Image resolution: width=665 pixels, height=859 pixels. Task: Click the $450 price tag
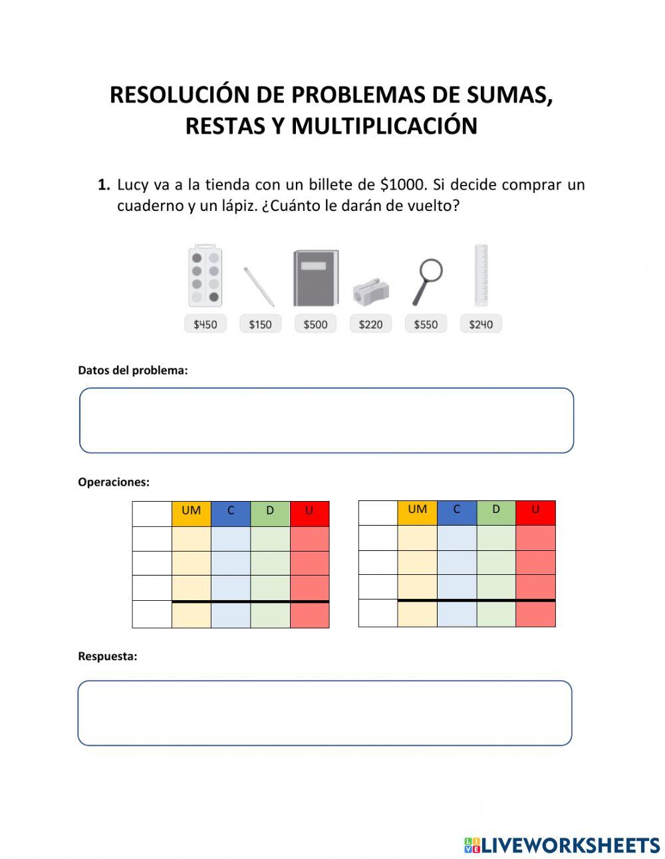(x=205, y=324)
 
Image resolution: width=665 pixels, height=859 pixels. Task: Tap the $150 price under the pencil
(x=260, y=324)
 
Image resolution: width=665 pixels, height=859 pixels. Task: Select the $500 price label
(x=315, y=324)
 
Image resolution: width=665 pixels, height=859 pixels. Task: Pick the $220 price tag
(x=370, y=324)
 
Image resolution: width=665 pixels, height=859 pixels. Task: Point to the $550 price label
(x=426, y=324)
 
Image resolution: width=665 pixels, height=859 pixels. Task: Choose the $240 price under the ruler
(x=481, y=324)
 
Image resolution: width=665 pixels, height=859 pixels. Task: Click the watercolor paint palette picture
(x=205, y=277)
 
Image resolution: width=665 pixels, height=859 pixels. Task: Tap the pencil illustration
(x=258, y=286)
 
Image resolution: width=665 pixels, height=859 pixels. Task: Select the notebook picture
(x=315, y=278)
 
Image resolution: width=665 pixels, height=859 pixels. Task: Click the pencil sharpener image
(x=370, y=291)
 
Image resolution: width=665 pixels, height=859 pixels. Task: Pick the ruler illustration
(x=481, y=275)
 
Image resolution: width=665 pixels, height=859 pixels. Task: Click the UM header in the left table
(x=191, y=510)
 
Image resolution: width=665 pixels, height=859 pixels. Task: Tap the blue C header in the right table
(x=456, y=509)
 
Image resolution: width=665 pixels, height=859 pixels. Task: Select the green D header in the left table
(x=270, y=510)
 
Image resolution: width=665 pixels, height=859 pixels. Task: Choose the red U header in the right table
(x=535, y=509)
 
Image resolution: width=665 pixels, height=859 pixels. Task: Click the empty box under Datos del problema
(x=327, y=421)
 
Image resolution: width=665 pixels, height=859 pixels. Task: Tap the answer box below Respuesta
(x=325, y=713)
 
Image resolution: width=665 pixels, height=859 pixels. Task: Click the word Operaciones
(x=114, y=482)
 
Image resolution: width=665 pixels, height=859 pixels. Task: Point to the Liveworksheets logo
(x=561, y=845)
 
